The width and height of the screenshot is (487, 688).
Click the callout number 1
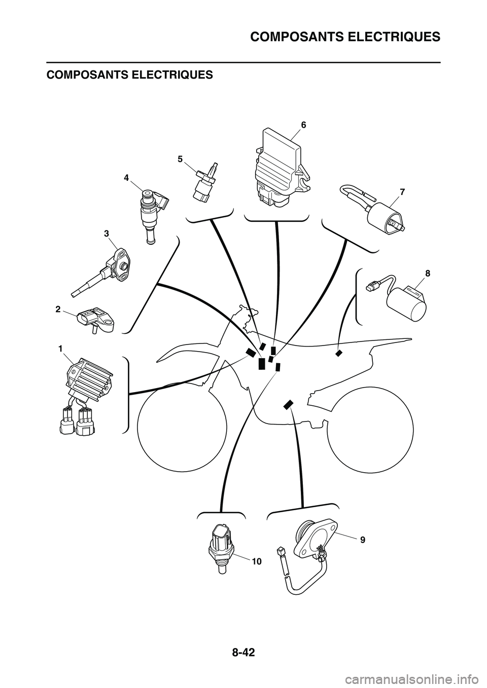(x=61, y=348)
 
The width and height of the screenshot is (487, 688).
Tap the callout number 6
(x=303, y=125)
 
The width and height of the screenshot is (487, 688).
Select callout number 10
(x=256, y=561)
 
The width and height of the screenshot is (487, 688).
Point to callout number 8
(x=428, y=273)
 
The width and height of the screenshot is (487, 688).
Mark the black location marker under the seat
(x=338, y=353)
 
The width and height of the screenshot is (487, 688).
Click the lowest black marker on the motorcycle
(x=288, y=404)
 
